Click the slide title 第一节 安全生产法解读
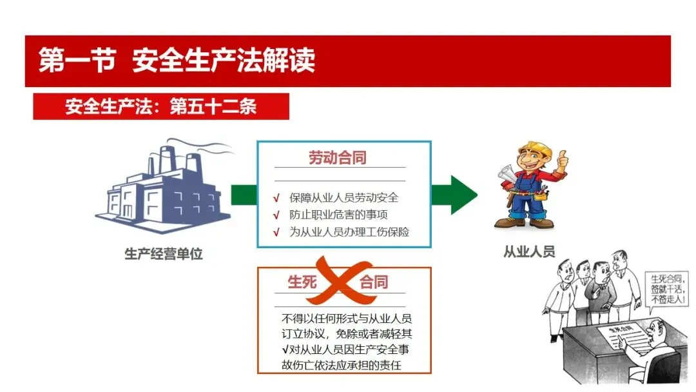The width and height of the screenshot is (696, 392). coord(177,61)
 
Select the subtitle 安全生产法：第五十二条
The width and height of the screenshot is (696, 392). coord(160,106)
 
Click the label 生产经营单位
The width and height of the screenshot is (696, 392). coord(163,254)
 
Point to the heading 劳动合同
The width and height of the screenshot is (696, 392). coord(338,158)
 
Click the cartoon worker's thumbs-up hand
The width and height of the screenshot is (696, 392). coord(563,159)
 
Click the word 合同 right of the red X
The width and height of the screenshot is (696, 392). coord(374,282)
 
